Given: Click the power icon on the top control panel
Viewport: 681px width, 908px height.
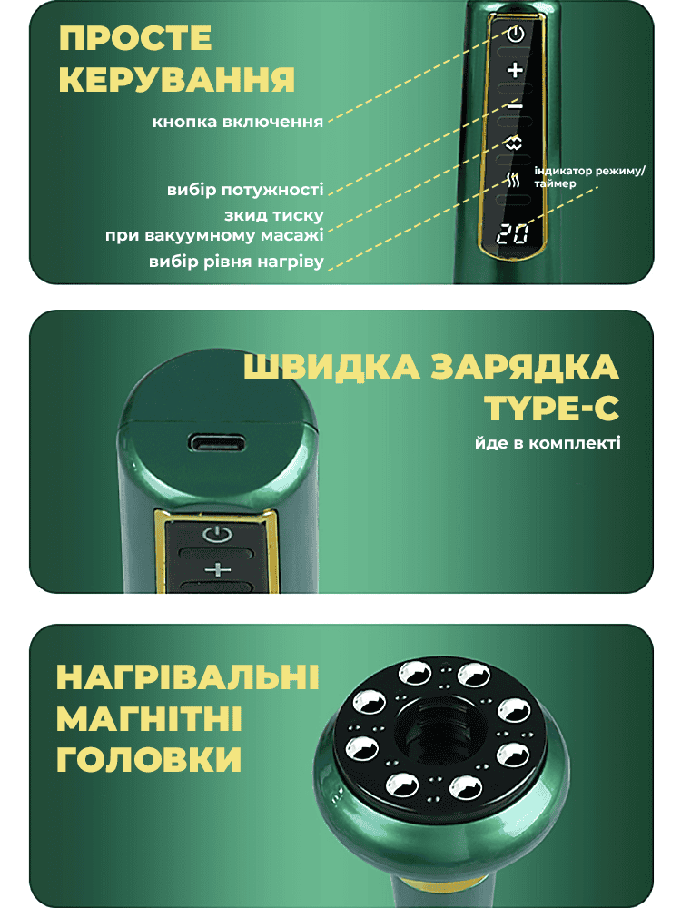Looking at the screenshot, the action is point(516,35).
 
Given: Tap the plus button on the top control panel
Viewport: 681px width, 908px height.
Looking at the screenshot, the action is point(515,71).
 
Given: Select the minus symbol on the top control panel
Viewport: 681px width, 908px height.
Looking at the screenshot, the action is point(515,106).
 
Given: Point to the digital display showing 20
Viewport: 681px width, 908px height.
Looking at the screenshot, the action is point(512,234).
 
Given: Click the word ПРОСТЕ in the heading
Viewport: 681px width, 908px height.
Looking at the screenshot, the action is point(135,38).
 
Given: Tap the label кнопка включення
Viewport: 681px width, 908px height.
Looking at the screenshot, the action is point(237,123).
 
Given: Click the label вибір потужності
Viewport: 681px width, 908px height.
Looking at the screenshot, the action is point(245,190).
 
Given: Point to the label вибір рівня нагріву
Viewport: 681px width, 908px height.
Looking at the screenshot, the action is point(236,262).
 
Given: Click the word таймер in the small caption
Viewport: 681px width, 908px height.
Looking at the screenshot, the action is point(555,184).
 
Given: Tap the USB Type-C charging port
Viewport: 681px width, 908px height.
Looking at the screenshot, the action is point(216,444).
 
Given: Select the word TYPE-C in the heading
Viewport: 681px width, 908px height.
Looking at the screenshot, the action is point(552,409).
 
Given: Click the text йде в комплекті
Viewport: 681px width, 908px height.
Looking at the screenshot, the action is point(548,444).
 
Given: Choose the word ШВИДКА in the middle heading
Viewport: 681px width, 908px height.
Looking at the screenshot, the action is point(331,367).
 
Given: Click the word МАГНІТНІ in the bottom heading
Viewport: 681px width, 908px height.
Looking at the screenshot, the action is point(150,719).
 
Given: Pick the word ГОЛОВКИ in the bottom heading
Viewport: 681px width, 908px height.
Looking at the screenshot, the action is point(149,760).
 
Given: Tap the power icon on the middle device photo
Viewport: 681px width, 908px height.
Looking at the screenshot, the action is point(218,533).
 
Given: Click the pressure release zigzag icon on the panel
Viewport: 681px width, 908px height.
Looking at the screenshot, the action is point(514,143).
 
